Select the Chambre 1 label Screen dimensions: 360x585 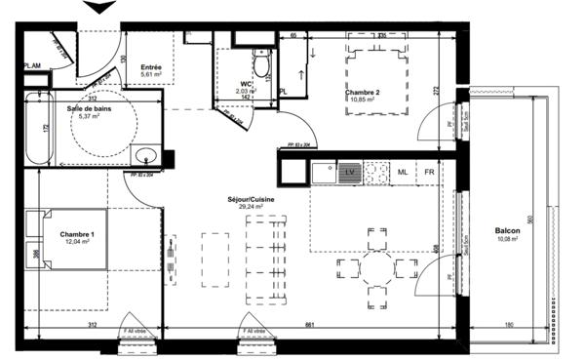[77, 235]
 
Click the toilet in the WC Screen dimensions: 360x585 [260, 66]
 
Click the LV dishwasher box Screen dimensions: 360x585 [351, 172]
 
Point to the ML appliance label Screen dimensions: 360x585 [401, 172]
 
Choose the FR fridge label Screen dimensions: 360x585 [427, 172]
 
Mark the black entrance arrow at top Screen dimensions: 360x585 [97, 9]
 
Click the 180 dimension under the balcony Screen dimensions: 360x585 [508, 325]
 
